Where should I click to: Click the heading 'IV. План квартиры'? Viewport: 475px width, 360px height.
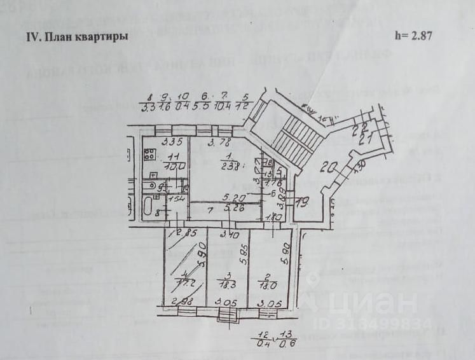click(76, 37)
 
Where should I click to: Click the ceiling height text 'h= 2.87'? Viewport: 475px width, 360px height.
click(413, 36)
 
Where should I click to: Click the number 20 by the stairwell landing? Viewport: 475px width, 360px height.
click(327, 169)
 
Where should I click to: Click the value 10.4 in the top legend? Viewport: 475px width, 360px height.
click(223, 104)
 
